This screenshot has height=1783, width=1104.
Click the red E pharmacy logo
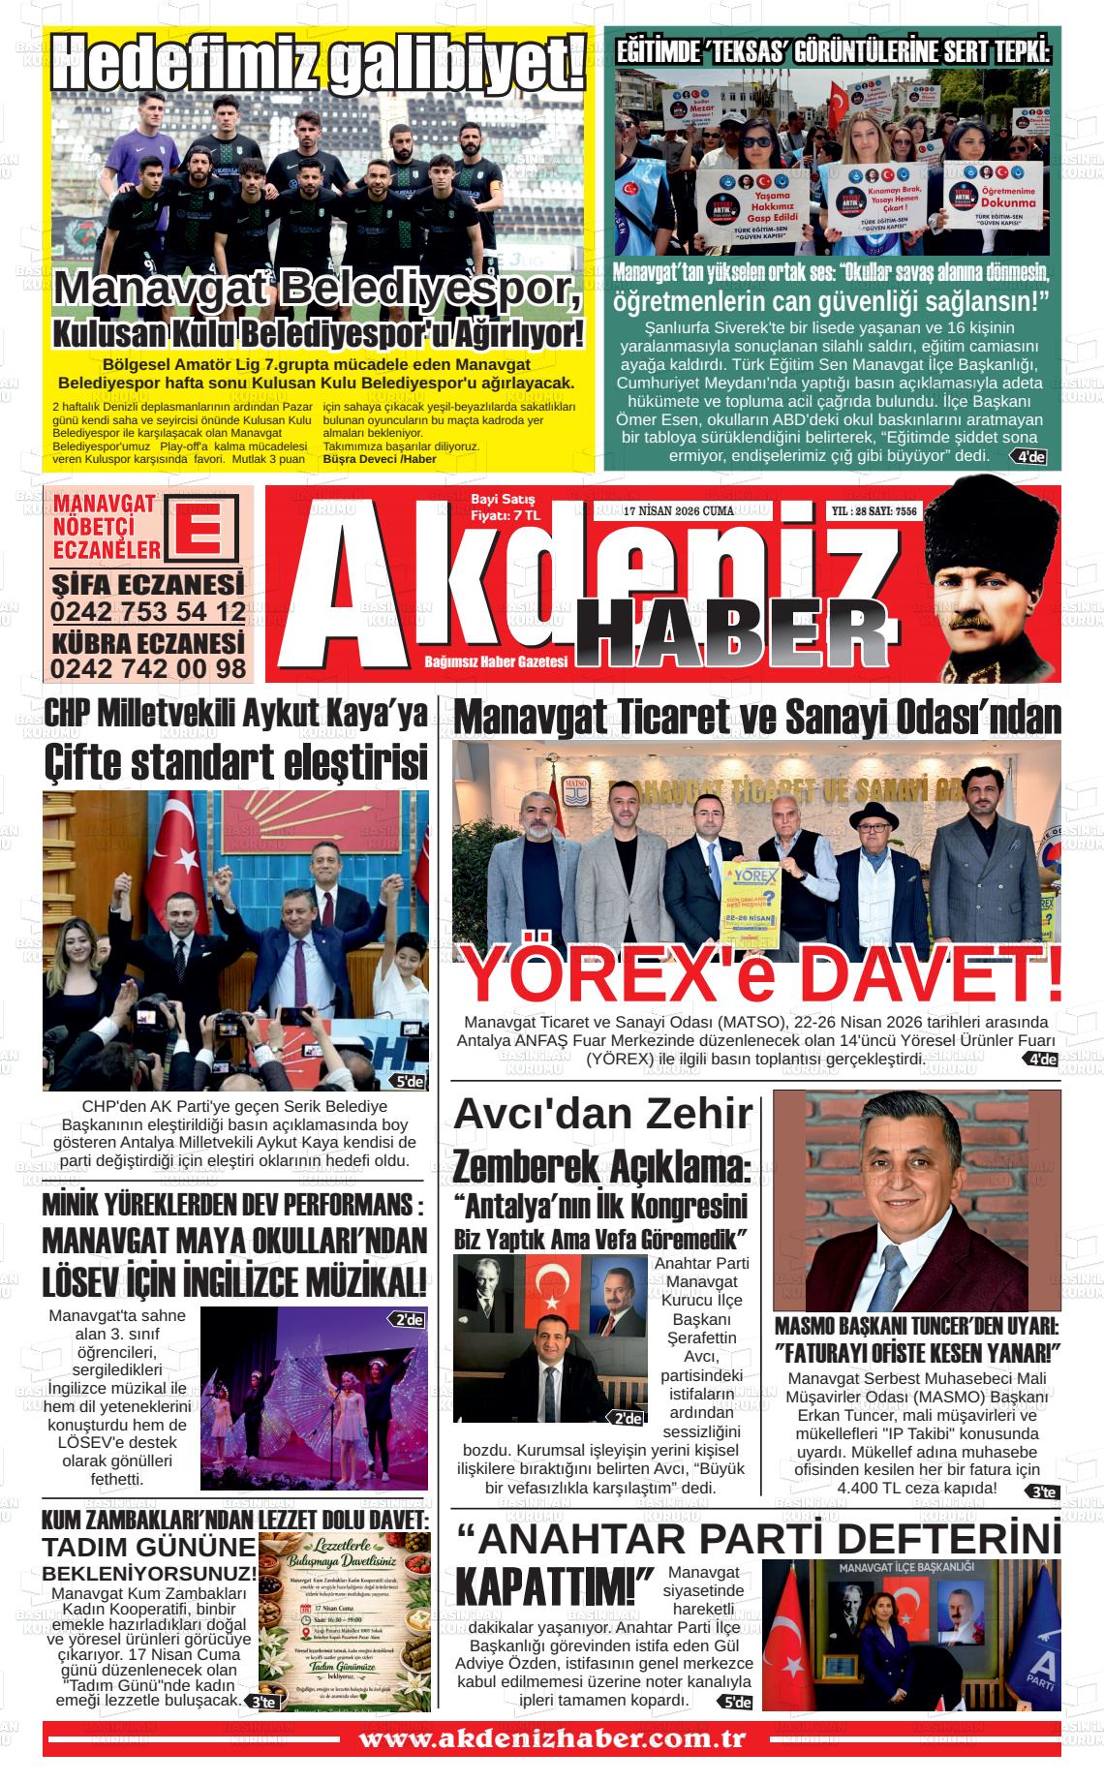pyautogui.click(x=201, y=529)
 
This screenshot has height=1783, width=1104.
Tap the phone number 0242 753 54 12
pyautogui.click(x=148, y=612)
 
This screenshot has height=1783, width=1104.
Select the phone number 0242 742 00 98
pyautogui.click(x=148, y=668)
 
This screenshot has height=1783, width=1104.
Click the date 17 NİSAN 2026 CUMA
pyautogui.click(x=679, y=510)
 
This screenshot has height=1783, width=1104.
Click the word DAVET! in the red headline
pyautogui.click(x=931, y=976)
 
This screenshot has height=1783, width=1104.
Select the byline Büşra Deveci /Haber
pyautogui.click(x=380, y=458)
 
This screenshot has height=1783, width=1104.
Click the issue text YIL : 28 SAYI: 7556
pyautogui.click(x=874, y=510)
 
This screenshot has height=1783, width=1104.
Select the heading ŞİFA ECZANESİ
pyautogui.click(x=148, y=585)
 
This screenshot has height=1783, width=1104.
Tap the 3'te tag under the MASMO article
pyautogui.click(x=1044, y=1492)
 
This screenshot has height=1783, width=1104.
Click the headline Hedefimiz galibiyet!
pyautogui.click(x=319, y=63)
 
